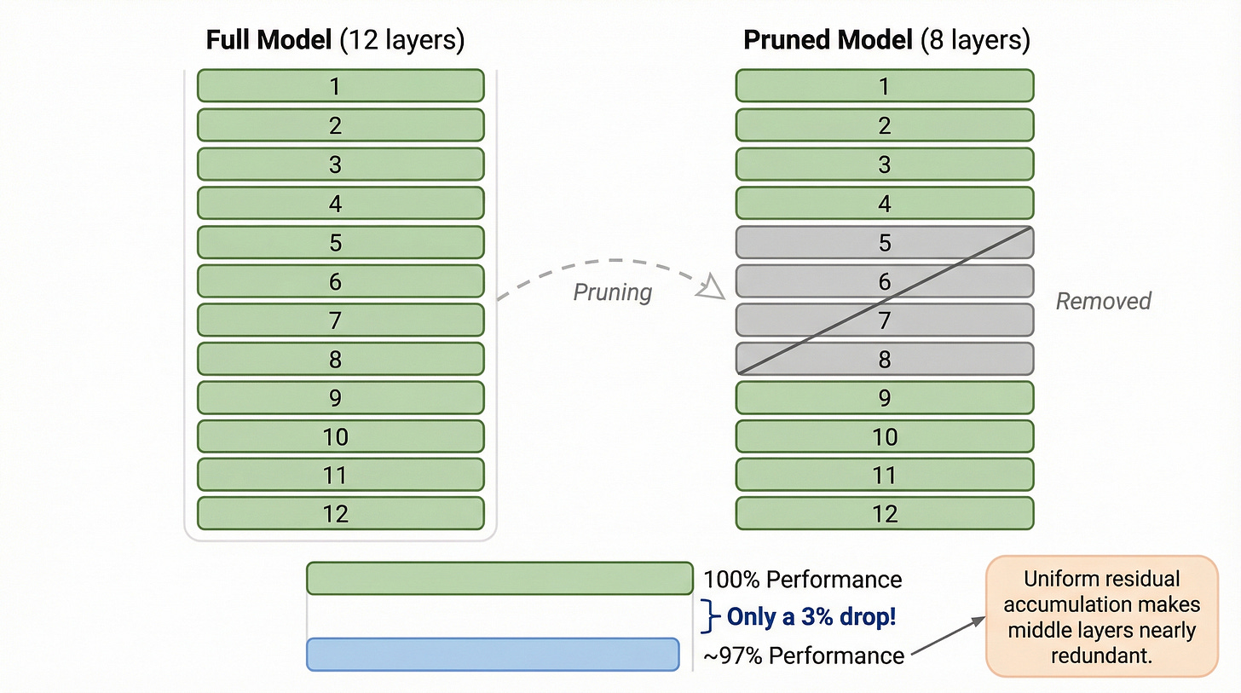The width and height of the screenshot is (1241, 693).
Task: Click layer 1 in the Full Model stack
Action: pos(340,86)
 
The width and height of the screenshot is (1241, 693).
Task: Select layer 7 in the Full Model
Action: pos(340,320)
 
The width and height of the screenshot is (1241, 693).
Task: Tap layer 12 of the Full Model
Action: pos(340,513)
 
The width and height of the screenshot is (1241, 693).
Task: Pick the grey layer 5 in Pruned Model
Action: pos(884,243)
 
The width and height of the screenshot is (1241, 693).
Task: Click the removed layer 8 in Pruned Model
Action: pos(884,359)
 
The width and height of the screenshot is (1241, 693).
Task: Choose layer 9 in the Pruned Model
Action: pos(884,397)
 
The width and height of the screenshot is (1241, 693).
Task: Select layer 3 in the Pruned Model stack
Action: pos(884,165)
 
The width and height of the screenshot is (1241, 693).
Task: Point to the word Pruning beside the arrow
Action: pos(612,292)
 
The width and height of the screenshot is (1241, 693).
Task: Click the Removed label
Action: pos(1103,301)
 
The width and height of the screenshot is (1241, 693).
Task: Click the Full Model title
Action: pos(336,40)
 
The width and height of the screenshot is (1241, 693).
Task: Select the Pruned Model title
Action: pos(886,40)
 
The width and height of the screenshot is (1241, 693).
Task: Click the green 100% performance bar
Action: pos(499,578)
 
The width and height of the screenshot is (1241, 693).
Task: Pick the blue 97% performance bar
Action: pos(492,654)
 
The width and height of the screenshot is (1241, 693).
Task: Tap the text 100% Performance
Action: pos(802,580)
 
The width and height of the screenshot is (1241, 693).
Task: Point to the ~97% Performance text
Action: pos(802,655)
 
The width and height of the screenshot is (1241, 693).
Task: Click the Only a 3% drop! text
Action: pos(810,617)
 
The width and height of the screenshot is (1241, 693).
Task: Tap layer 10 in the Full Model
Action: pos(340,436)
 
